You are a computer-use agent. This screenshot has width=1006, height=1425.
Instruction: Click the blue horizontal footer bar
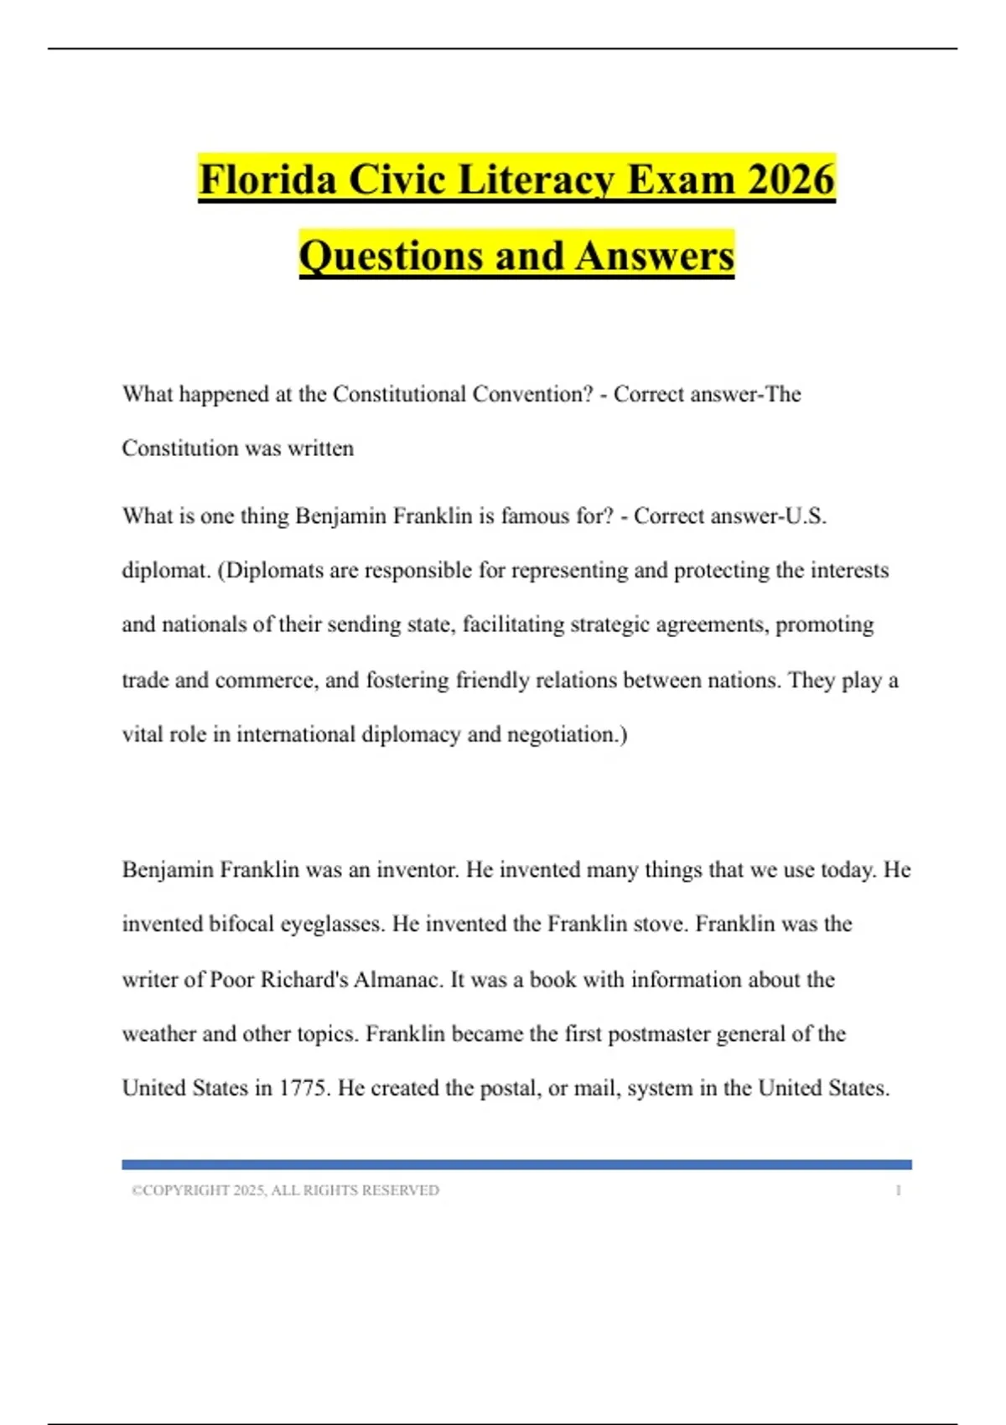[x=516, y=1164]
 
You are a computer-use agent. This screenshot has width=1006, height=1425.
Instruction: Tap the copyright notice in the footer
[x=285, y=1190]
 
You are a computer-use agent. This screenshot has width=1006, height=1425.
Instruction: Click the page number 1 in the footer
[x=898, y=1190]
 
